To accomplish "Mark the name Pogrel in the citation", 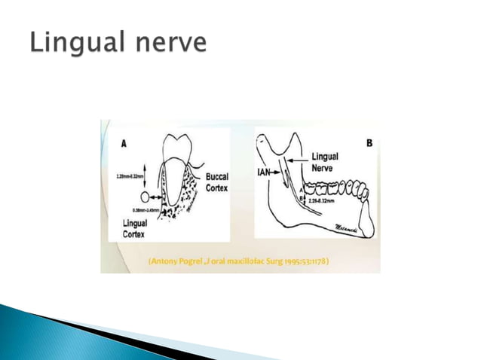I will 196,261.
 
